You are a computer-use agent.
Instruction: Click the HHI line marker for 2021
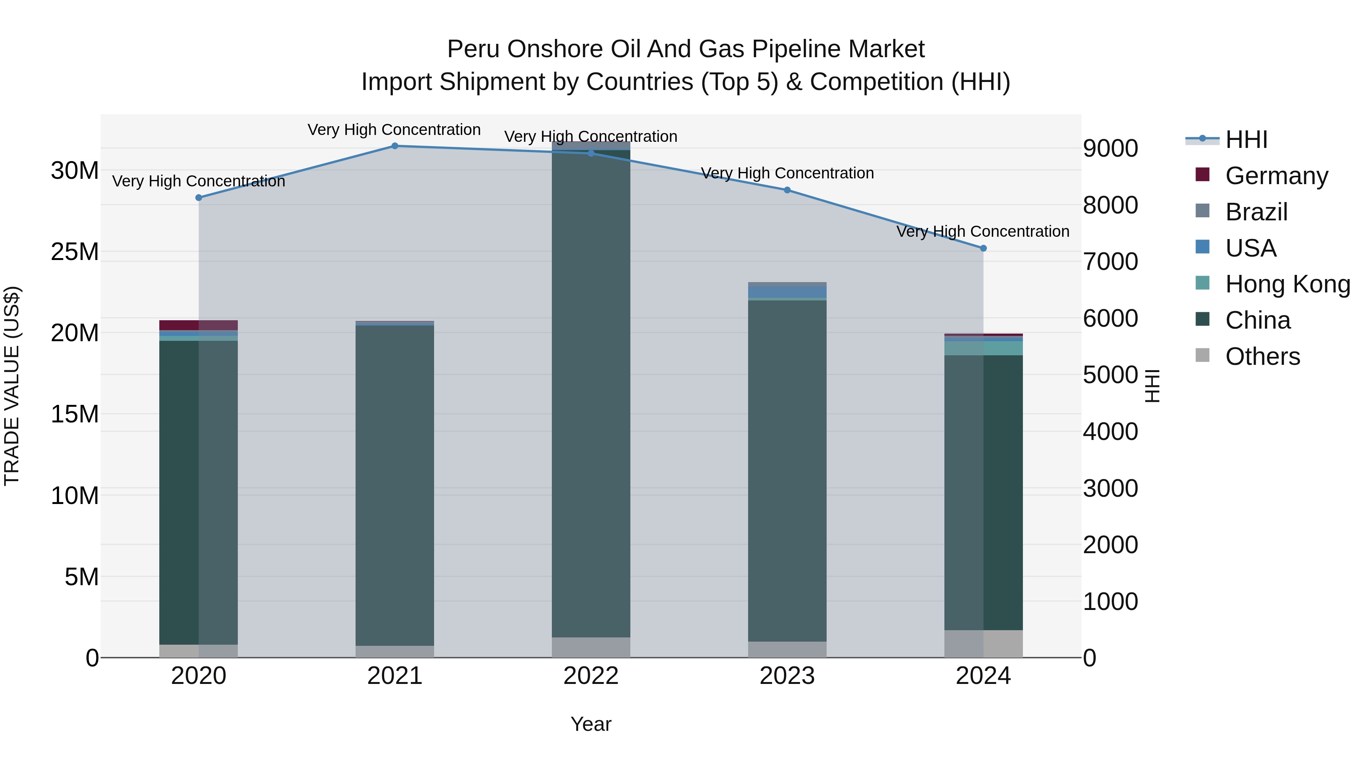[395, 146]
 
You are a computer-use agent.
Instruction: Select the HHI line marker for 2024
[983, 248]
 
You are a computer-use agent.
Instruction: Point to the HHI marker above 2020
[199, 197]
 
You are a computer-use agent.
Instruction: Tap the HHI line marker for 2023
[787, 190]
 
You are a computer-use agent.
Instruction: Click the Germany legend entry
[1276, 176]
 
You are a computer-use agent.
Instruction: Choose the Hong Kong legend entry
[1287, 284]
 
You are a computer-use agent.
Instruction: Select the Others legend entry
[1262, 356]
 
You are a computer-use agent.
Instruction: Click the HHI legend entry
[1246, 140]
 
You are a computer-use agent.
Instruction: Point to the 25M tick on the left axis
[75, 252]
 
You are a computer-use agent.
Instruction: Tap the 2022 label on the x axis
[591, 676]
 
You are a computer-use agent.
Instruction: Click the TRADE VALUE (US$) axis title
[12, 386]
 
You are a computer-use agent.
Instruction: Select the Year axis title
[591, 724]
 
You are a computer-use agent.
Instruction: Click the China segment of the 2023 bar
[787, 469]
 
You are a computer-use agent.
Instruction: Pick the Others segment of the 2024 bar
[983, 644]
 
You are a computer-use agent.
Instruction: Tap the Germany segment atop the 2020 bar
[199, 325]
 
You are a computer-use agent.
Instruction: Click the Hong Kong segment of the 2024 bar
[983, 348]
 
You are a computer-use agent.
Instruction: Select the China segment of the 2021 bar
[395, 485]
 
